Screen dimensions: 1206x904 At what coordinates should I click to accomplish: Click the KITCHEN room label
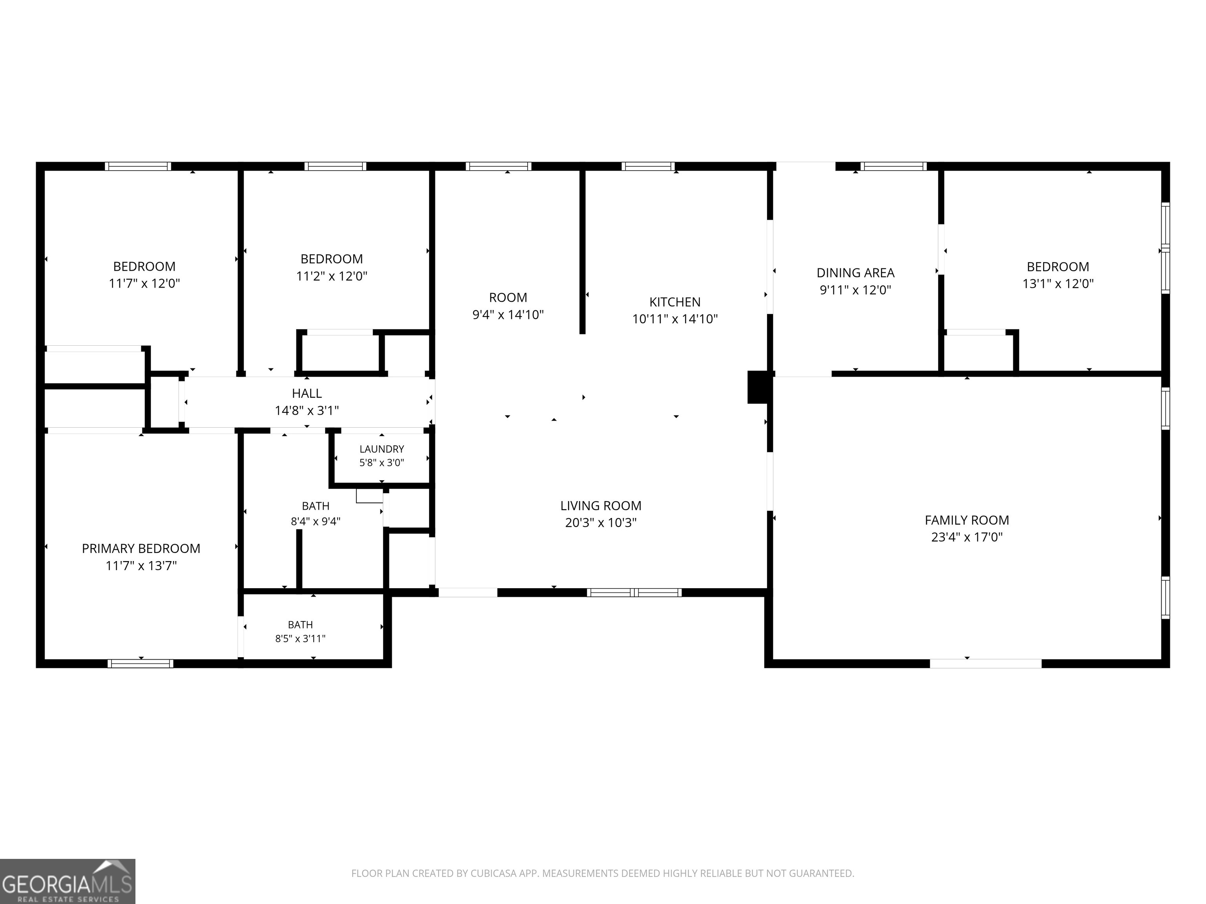click(674, 302)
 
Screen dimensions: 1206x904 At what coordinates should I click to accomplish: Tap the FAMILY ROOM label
click(967, 520)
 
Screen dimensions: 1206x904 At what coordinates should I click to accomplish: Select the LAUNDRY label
click(382, 449)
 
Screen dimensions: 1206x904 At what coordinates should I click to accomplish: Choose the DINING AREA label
click(855, 273)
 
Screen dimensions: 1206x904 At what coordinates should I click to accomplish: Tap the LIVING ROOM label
click(601, 506)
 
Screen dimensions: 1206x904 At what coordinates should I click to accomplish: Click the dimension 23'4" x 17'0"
click(967, 537)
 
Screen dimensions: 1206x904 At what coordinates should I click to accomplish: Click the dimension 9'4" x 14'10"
click(508, 314)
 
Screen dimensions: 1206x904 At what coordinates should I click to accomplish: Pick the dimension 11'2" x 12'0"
click(331, 276)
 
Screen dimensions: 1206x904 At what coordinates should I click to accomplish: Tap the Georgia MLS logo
click(68, 881)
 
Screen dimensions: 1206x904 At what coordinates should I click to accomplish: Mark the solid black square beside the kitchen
click(757, 387)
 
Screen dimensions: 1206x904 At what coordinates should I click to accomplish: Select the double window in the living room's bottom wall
click(634, 592)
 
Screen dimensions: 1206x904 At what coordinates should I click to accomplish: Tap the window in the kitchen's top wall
click(648, 166)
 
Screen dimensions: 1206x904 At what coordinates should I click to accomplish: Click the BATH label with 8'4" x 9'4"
click(316, 506)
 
